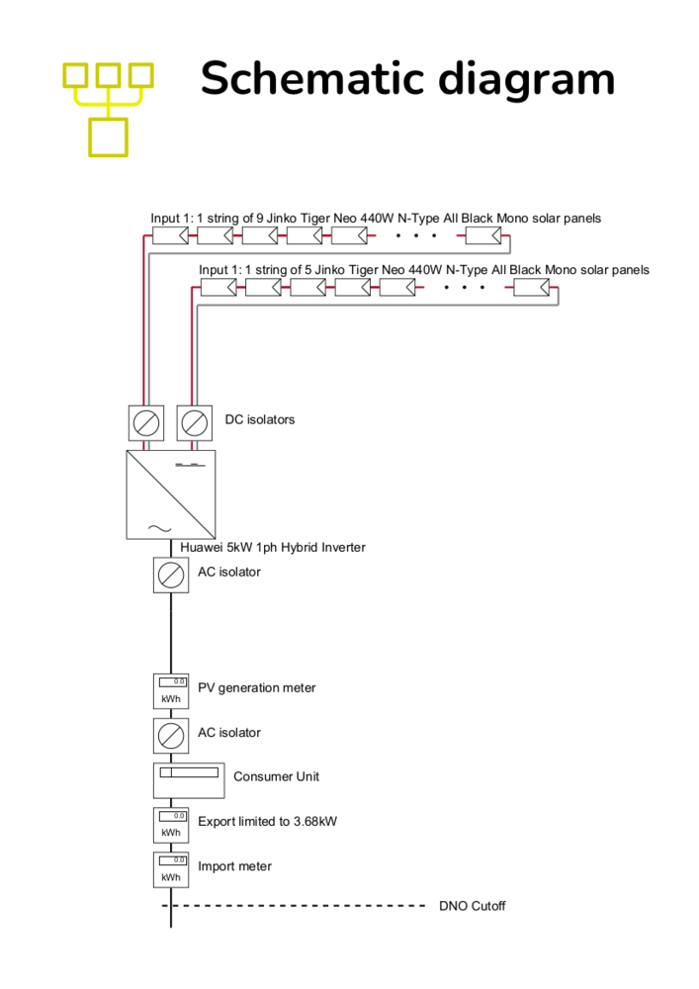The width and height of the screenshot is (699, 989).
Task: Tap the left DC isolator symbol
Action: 146,423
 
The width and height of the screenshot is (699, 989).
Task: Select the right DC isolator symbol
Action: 194,423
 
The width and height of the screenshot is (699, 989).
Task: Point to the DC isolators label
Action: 260,419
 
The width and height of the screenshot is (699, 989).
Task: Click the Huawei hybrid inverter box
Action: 171,494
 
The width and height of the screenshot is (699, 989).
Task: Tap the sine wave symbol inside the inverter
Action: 159,528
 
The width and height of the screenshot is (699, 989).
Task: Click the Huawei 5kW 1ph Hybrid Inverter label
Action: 273,547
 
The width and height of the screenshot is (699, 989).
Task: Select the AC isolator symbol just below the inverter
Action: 171,576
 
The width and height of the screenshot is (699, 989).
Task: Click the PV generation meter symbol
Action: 171,691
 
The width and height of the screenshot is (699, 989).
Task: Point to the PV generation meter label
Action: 256,688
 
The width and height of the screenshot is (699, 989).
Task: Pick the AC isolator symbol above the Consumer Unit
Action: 171,736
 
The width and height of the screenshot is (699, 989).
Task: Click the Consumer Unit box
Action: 189,781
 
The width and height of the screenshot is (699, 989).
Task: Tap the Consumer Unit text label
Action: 276,776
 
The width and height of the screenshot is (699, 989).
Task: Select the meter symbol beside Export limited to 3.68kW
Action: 171,825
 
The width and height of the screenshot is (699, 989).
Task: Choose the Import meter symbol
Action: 171,869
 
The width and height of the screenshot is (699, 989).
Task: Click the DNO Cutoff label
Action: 472,906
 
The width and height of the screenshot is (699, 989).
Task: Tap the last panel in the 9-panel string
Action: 483,236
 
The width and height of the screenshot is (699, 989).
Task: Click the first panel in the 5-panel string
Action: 218,288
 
